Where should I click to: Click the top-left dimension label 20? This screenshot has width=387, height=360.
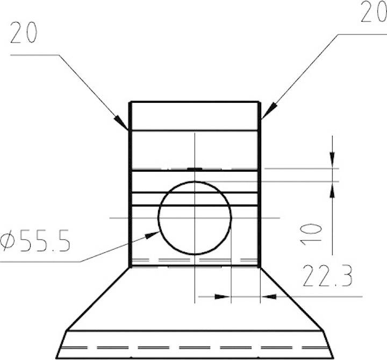coord(24,32)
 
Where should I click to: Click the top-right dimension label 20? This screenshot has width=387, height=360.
coord(374,11)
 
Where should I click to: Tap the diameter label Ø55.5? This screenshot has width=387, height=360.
coord(35,241)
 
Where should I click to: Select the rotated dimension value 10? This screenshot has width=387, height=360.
coord(311,234)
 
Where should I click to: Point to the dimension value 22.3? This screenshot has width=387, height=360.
coord(327,276)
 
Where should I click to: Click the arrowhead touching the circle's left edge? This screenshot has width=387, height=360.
coord(152,235)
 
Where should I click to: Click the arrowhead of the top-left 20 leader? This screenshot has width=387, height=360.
coord(121,122)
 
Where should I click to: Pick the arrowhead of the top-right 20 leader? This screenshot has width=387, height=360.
coord(269,111)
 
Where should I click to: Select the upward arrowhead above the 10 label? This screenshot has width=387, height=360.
coord(332,190)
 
